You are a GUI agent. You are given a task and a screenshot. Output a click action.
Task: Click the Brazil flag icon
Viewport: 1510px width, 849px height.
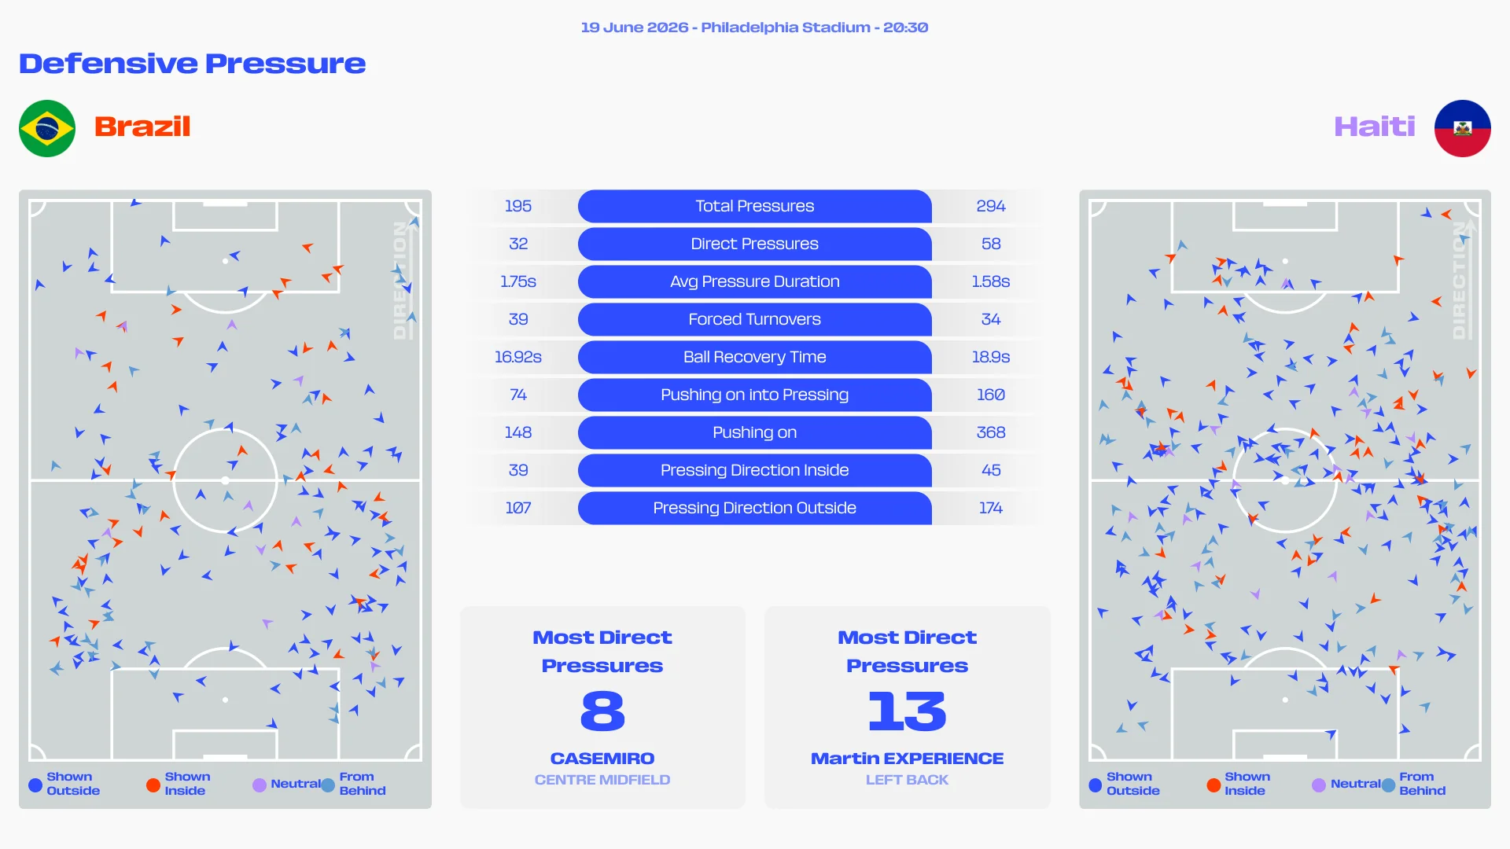(47, 128)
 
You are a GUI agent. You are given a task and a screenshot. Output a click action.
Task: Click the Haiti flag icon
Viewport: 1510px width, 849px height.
(1462, 128)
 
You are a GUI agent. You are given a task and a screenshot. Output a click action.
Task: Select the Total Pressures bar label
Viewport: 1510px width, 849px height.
(754, 206)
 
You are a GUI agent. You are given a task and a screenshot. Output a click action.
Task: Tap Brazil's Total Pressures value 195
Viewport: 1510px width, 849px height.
(518, 206)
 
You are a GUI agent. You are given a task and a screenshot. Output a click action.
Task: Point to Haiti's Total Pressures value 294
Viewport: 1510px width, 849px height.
(991, 206)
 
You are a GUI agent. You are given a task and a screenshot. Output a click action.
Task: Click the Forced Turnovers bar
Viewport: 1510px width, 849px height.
(755, 319)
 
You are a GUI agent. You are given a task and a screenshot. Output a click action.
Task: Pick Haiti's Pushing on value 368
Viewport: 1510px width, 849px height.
(991, 432)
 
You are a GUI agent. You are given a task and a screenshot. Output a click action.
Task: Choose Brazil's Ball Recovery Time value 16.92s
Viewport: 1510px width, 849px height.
(518, 357)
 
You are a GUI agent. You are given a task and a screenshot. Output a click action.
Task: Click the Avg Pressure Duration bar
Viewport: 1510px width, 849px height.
(755, 281)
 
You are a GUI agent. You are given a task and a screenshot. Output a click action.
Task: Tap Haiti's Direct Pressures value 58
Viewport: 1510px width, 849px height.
(991, 244)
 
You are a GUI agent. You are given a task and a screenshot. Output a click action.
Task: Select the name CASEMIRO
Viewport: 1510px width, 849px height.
(602, 759)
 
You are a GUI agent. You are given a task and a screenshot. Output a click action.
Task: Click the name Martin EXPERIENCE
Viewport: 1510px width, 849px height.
(907, 759)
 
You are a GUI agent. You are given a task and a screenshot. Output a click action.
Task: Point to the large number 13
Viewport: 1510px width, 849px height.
(907, 711)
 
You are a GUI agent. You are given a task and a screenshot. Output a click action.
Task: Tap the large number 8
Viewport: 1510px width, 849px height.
(602, 711)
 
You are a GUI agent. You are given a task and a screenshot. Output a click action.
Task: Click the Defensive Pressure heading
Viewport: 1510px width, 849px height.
(192, 64)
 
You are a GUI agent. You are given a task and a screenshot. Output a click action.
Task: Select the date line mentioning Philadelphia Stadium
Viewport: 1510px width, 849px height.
(754, 28)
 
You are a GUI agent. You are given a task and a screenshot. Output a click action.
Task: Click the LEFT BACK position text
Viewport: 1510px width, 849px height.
(907, 780)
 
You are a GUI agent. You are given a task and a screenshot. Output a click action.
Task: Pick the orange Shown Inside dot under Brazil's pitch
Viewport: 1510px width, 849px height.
(153, 785)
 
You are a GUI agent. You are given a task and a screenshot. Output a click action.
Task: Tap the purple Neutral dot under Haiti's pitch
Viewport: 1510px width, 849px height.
(1319, 785)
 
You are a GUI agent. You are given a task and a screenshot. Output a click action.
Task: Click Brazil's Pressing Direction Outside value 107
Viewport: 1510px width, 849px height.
(518, 508)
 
